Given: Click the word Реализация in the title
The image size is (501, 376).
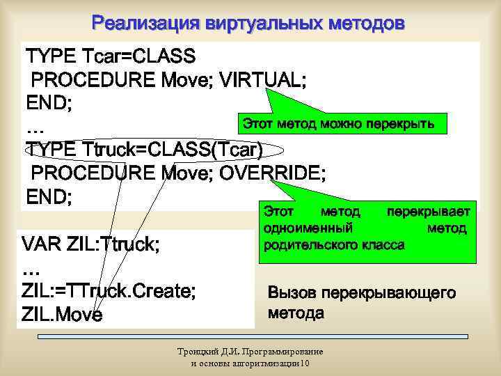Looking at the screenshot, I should [143, 24].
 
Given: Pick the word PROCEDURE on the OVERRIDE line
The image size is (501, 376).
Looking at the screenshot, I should [94, 172].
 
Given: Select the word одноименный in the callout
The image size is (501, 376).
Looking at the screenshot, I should [308, 228].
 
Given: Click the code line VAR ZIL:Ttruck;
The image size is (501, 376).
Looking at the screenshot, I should [90, 245].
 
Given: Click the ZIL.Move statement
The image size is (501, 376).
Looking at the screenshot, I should [62, 315].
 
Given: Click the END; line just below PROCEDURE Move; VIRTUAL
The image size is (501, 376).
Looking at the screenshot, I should [49, 102].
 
